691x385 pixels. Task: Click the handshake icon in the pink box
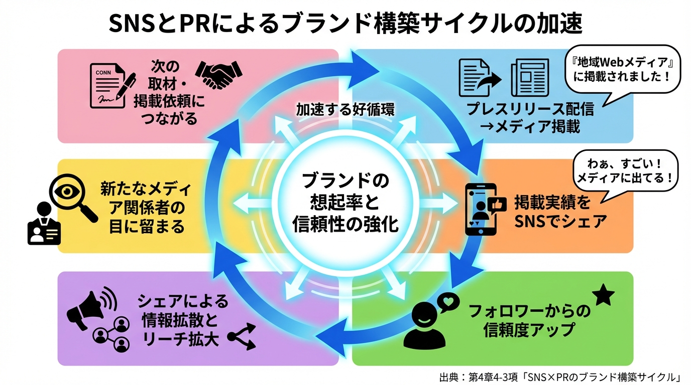[218, 75]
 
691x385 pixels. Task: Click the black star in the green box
[603, 295]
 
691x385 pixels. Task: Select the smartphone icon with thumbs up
[481, 209]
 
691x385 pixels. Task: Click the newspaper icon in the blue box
[529, 78]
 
